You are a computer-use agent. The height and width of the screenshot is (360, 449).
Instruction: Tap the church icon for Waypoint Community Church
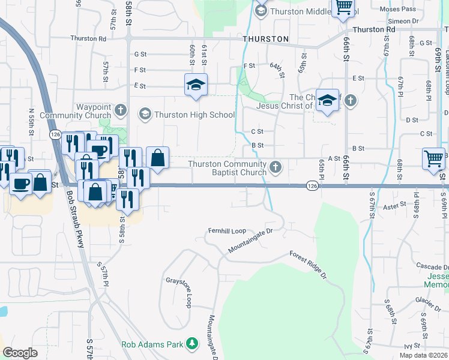pyautogui.click(x=121, y=110)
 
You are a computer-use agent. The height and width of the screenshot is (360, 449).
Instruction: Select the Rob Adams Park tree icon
pyautogui.click(x=192, y=344)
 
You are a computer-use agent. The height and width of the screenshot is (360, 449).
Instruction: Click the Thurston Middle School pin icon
pyautogui.click(x=261, y=10)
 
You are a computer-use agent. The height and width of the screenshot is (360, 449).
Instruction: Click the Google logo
pyautogui.click(x=20, y=352)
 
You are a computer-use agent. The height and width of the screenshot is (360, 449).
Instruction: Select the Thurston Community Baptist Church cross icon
pyautogui.click(x=276, y=167)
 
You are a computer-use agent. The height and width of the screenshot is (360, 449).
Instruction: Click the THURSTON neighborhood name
pyautogui.click(x=266, y=39)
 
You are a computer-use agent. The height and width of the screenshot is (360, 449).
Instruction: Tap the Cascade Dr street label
pyautogui.click(x=432, y=266)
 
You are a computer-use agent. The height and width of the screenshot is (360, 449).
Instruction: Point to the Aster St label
pyautogui.click(x=395, y=206)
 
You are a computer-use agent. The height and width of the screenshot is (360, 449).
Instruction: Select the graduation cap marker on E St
pyautogui.click(x=196, y=85)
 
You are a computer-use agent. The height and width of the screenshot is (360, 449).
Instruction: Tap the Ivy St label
pyautogui.click(x=411, y=346)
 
